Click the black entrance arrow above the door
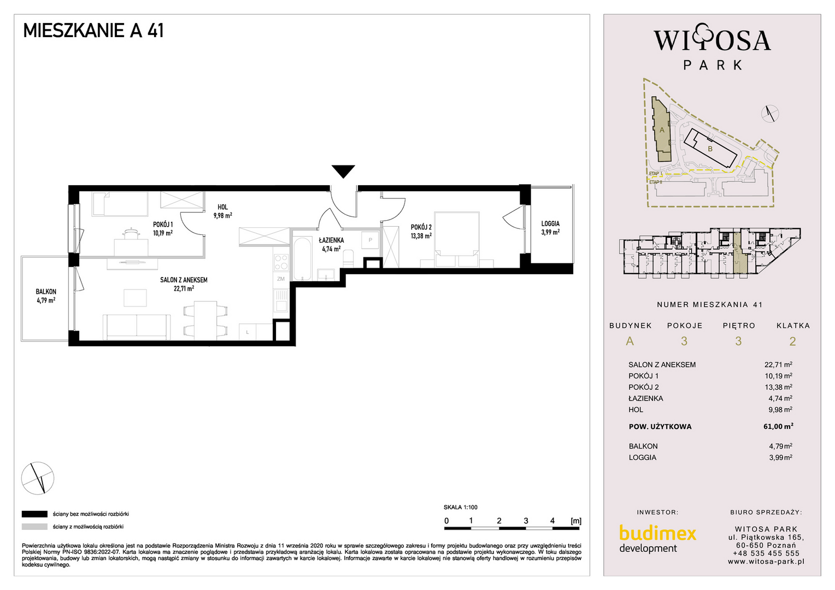(343, 171)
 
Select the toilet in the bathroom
(348, 258)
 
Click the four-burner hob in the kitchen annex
(281, 262)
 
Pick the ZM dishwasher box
(281, 279)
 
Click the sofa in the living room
(137, 327)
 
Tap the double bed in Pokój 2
(457, 239)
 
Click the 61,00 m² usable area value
(778, 426)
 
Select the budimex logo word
(657, 533)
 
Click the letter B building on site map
(710, 149)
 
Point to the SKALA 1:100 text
(460, 508)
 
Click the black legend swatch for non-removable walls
(34, 515)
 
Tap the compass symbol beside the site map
(770, 114)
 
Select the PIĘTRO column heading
(739, 326)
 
